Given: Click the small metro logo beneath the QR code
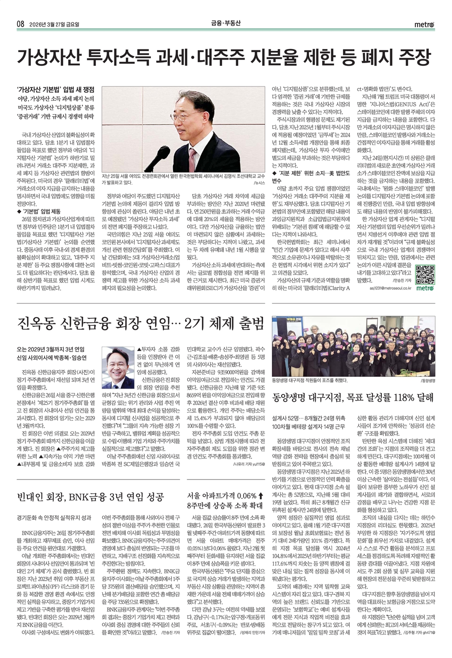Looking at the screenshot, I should click(x=425, y=288).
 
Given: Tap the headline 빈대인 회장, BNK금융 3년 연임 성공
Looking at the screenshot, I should click(x=90, y=497).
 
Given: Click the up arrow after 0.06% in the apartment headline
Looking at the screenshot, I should click(x=261, y=495).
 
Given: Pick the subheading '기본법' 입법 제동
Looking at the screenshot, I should click(x=38, y=211).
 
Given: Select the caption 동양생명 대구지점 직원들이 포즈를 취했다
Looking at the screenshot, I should click(x=310, y=380).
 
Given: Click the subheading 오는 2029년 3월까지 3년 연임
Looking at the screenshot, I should click(x=51, y=349).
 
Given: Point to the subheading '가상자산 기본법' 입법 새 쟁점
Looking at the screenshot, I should click(x=59, y=89).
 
